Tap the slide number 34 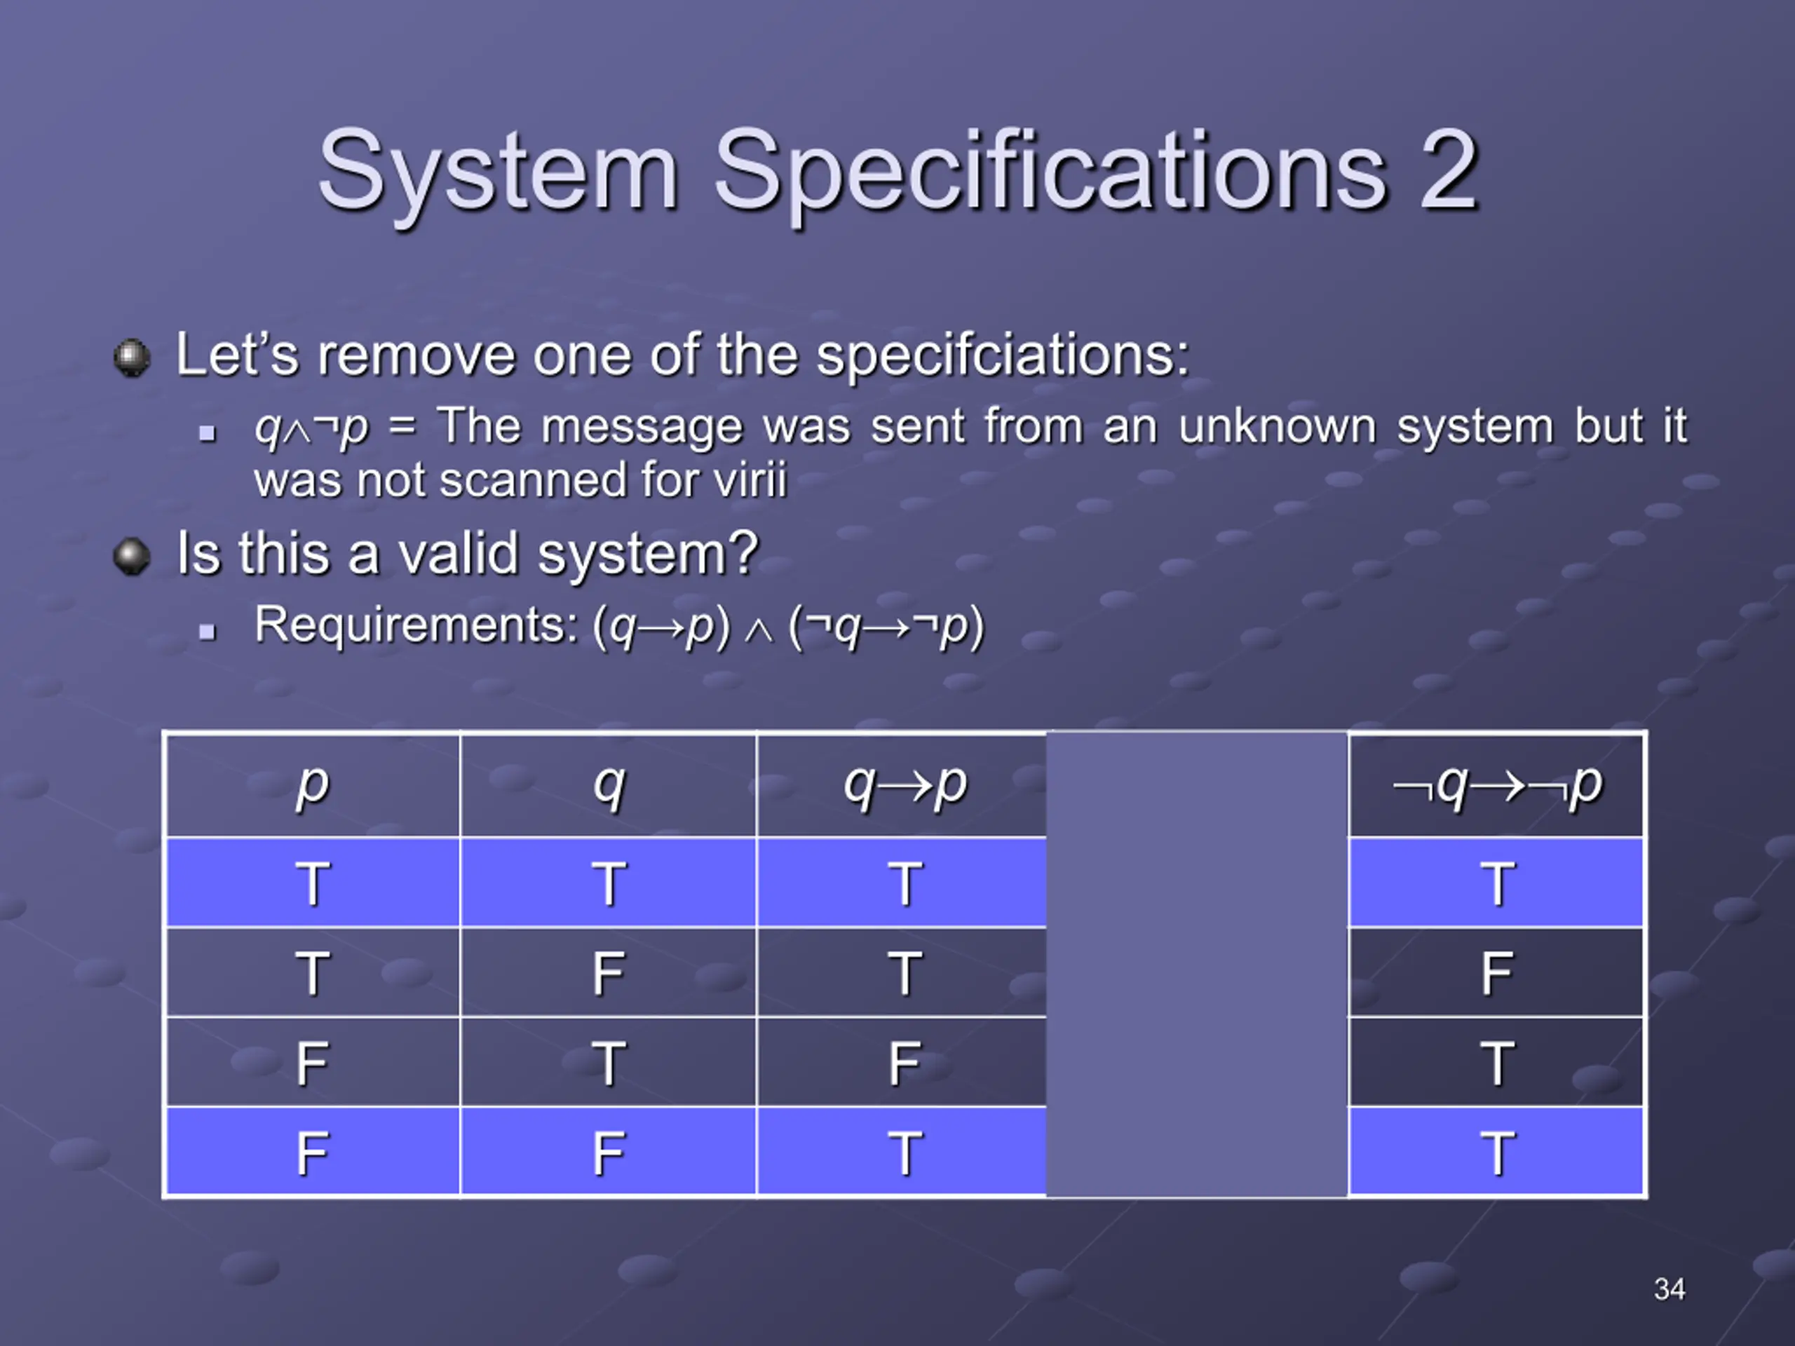[x=1669, y=1289]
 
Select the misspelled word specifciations [x=1002, y=355]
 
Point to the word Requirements [x=416, y=625]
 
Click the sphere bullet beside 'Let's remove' [x=131, y=357]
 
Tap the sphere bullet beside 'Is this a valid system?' [x=131, y=557]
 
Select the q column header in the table [x=609, y=786]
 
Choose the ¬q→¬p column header [x=1497, y=786]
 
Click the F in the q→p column [x=905, y=1063]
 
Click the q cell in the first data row [x=609, y=883]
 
